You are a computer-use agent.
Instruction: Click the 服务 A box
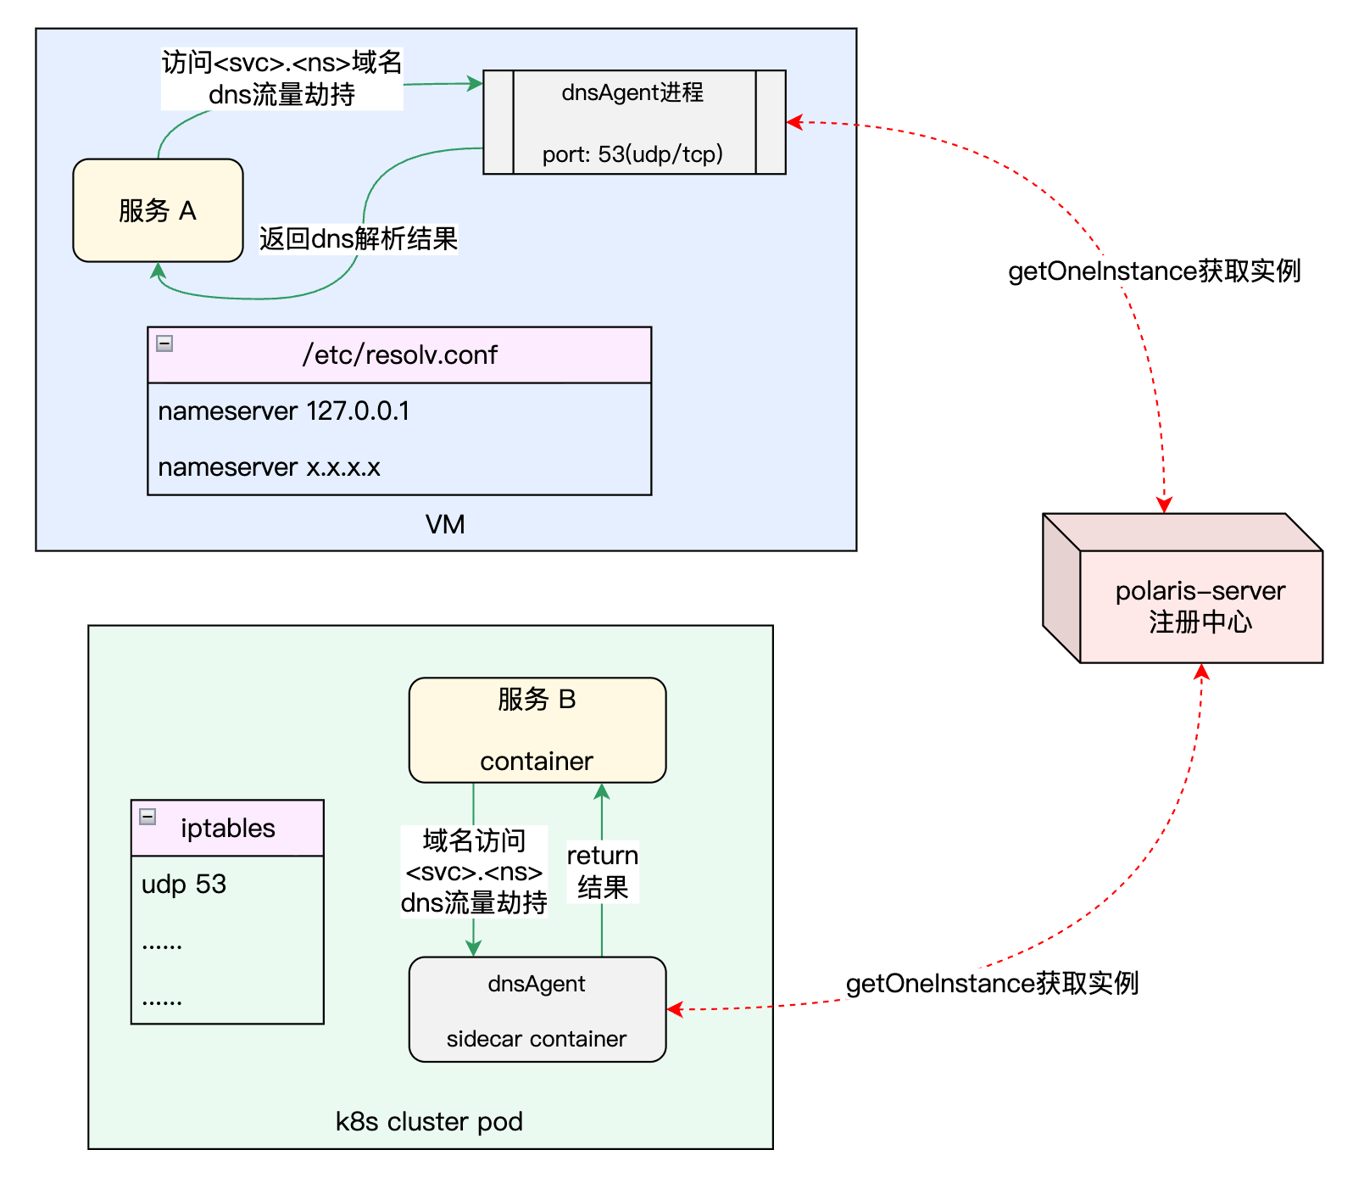(158, 210)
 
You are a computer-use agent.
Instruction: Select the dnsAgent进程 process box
(633, 121)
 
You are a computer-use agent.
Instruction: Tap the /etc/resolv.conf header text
(399, 354)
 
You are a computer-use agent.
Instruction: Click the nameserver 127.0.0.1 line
(283, 411)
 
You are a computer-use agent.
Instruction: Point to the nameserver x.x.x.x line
(269, 467)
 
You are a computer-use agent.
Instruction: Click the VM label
(445, 525)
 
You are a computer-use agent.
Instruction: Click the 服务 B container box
(537, 729)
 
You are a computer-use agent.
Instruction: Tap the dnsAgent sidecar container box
(537, 1009)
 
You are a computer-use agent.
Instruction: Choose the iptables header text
(228, 828)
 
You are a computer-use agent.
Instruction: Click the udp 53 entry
(184, 885)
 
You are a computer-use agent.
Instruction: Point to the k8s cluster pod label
(429, 1122)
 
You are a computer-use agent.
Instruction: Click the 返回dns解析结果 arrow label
(358, 239)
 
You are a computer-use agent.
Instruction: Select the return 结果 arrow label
(602, 871)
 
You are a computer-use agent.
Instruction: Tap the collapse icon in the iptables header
(148, 817)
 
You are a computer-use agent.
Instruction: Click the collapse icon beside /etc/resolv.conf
(164, 343)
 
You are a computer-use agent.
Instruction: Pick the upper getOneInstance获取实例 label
(1154, 271)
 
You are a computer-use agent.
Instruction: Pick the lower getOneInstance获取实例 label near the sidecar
(992, 984)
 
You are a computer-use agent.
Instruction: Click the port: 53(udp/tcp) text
(632, 154)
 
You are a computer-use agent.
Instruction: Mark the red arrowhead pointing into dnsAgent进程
(793, 122)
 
